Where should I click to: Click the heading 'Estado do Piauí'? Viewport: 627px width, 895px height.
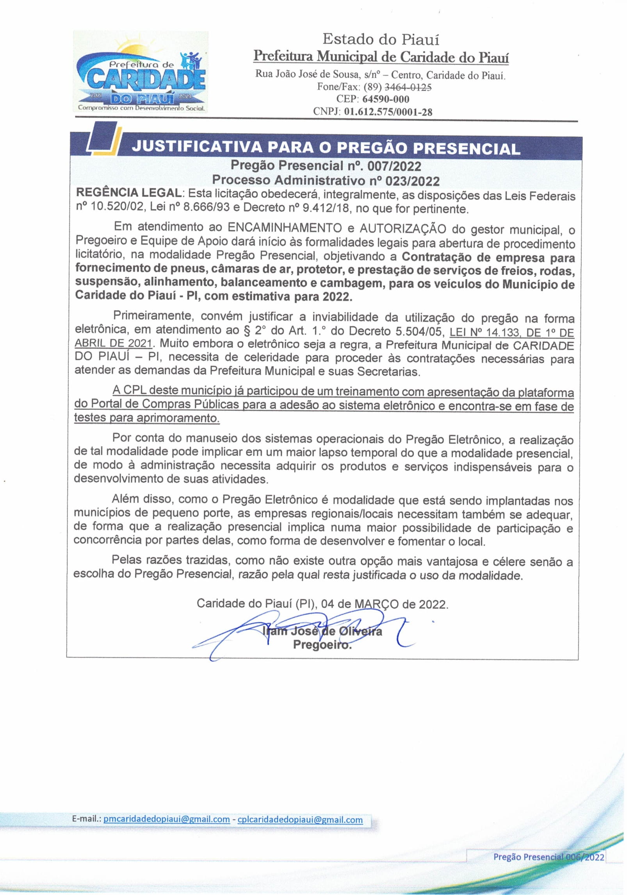click(x=381, y=39)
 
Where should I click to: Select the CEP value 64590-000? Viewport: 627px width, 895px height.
click(x=386, y=99)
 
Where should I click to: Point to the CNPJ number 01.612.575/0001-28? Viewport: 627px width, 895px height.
click(x=388, y=112)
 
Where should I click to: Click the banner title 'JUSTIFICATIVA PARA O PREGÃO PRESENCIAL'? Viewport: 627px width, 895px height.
click(x=326, y=148)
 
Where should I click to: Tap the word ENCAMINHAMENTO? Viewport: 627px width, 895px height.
click(x=290, y=227)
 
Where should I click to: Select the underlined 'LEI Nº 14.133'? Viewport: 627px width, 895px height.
click(x=485, y=332)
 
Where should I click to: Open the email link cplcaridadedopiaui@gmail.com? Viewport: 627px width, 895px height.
click(x=300, y=819)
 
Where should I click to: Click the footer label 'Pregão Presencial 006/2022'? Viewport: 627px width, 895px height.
click(x=549, y=857)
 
